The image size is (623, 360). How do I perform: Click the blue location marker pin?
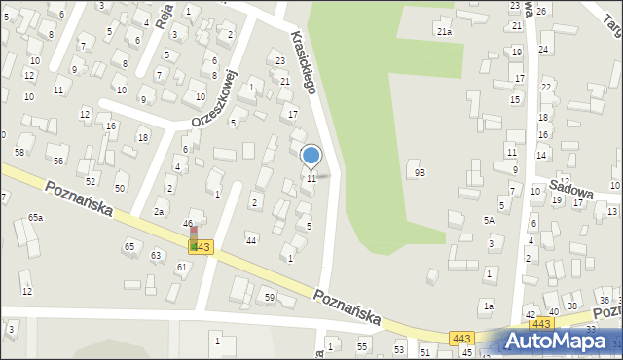311,156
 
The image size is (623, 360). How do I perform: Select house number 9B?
420,172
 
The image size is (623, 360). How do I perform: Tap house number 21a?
444,32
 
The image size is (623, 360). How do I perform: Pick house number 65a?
35,217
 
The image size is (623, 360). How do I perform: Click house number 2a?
158,211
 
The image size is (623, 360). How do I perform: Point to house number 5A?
490,220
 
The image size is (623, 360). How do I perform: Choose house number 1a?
490,306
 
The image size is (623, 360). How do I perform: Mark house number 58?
19,153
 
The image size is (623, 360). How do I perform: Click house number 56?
58,161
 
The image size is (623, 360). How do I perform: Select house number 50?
120,188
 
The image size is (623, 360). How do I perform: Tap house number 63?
156,255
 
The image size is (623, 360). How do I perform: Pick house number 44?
251,239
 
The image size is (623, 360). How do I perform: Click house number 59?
269,296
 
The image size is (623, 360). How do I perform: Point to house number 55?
362,346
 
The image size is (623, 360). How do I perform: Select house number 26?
540,10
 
